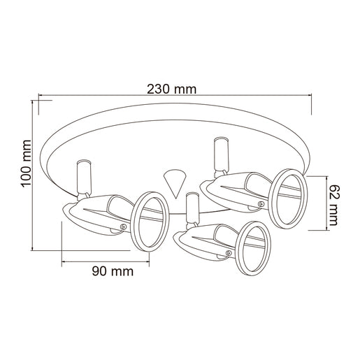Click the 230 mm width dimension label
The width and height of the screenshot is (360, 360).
click(171, 89)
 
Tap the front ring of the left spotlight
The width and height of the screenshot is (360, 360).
click(148, 219)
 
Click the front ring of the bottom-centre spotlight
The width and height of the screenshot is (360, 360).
click(253, 248)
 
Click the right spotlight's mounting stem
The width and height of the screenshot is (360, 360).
click(219, 154)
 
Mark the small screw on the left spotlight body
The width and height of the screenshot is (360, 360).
click(123, 226)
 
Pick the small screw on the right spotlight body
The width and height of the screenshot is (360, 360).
click(261, 203)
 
